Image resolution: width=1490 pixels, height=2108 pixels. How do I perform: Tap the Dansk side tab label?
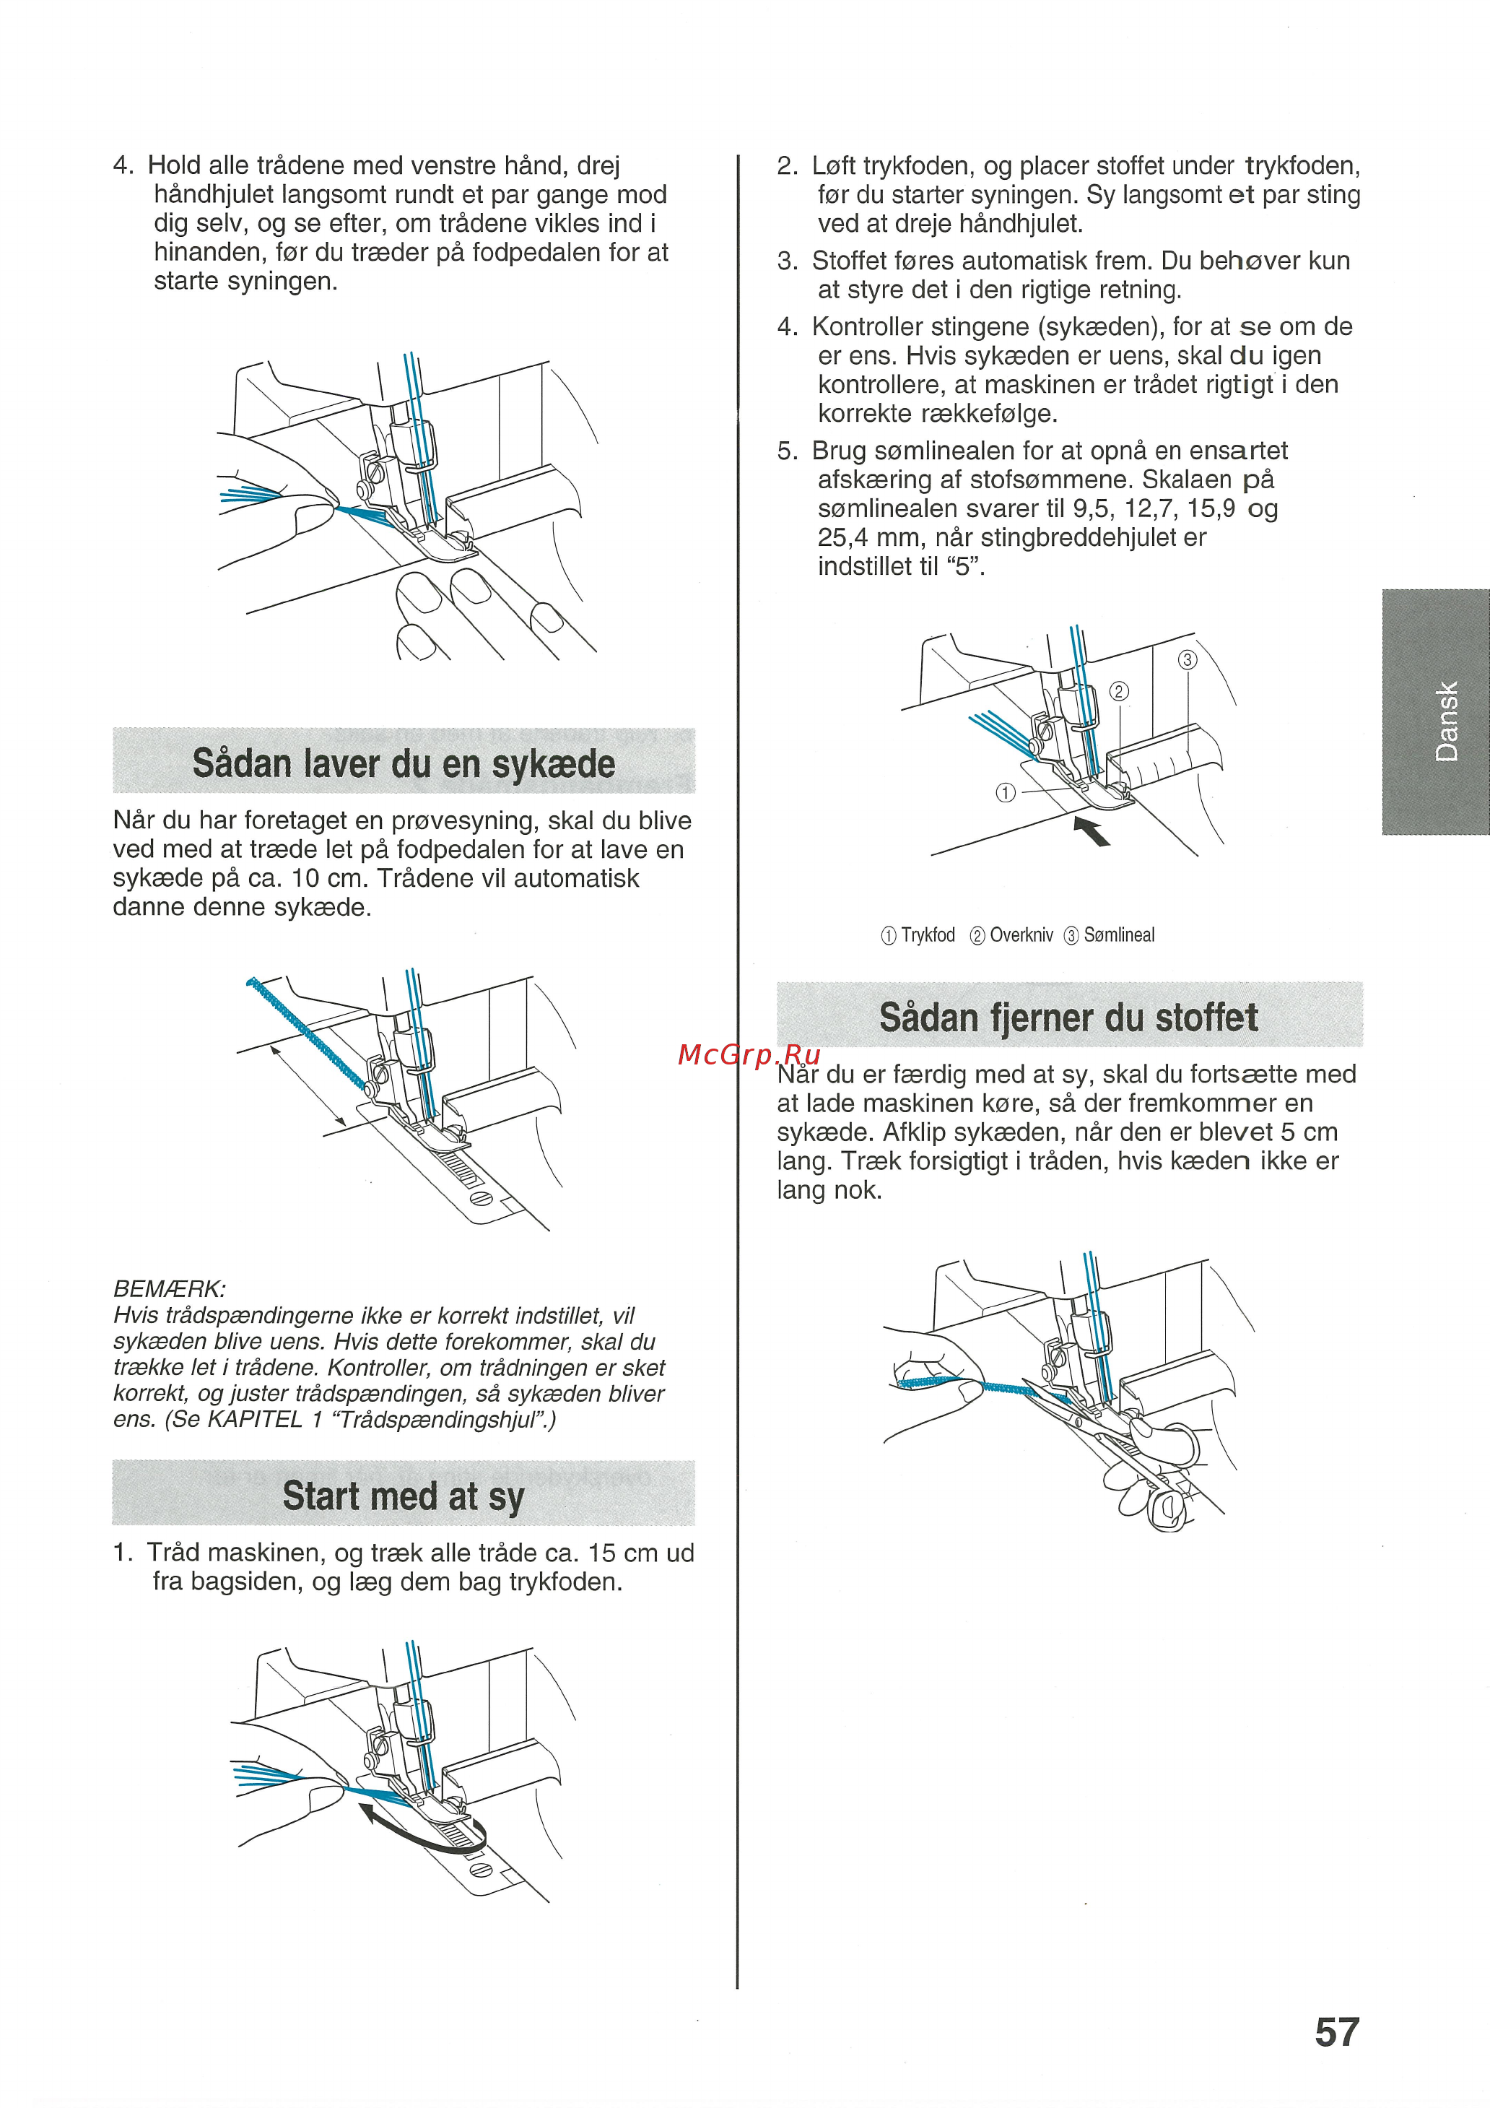click(x=1446, y=721)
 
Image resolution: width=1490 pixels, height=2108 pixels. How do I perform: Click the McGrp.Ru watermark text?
click(x=748, y=1055)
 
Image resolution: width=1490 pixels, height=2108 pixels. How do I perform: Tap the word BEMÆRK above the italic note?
click(x=169, y=1288)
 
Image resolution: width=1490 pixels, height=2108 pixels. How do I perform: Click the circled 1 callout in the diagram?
click(x=1006, y=792)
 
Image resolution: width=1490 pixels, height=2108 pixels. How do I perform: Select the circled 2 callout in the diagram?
click(x=1118, y=691)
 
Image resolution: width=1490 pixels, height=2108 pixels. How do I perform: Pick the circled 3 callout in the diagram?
click(x=1187, y=659)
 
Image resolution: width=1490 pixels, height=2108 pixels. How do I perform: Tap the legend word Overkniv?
click(x=1021, y=934)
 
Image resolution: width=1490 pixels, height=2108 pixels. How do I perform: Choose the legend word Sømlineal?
click(x=1118, y=934)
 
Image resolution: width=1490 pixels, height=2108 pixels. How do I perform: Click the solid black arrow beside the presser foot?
click(x=1092, y=832)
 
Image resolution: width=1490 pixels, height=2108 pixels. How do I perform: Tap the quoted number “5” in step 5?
click(x=963, y=565)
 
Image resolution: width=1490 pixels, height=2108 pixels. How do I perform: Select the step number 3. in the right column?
click(x=787, y=261)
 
